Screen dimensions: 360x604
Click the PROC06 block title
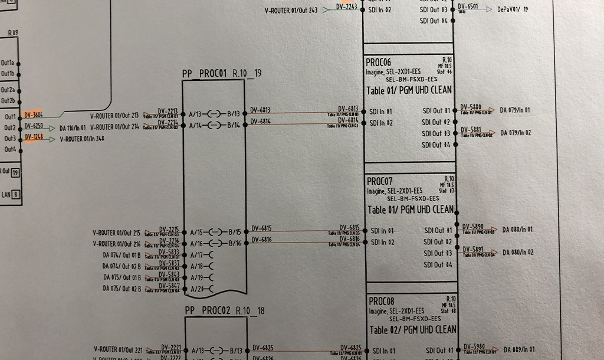point(379,63)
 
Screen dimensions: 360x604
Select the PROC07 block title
point(380,182)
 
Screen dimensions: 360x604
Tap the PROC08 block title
point(381,302)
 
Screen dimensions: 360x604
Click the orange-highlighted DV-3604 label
point(33,115)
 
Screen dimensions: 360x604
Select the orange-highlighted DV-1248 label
point(33,138)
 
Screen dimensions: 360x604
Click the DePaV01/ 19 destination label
point(513,9)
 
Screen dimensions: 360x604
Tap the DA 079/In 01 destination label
point(516,110)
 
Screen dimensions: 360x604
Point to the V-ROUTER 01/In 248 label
point(82,139)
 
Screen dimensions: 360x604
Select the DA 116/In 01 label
point(73,127)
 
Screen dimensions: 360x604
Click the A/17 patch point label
point(196,255)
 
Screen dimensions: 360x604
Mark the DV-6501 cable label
point(468,7)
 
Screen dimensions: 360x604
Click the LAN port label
point(6,194)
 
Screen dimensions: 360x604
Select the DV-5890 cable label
point(472,227)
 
